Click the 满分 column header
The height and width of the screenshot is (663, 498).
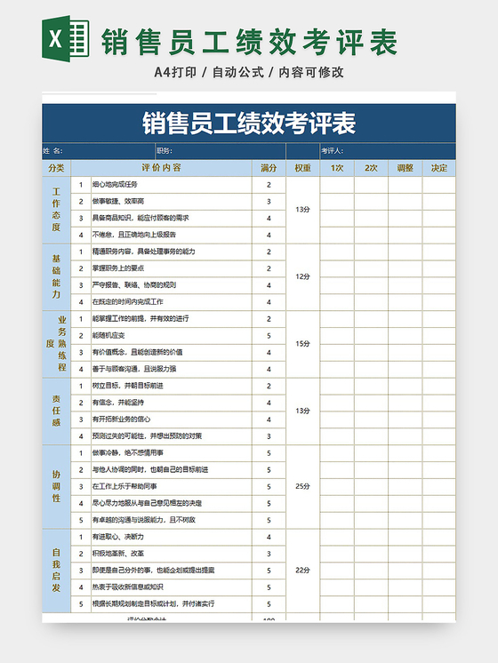point(268,168)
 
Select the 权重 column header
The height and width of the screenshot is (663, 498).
point(302,168)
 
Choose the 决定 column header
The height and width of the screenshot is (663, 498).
point(438,168)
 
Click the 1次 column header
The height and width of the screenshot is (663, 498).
point(337,168)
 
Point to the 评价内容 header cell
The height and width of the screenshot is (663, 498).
point(161,168)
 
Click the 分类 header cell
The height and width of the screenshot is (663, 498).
point(56,168)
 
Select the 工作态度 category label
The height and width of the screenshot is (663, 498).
point(56,209)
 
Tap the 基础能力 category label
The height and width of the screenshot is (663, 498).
point(56,276)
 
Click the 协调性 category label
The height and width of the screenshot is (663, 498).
point(56,486)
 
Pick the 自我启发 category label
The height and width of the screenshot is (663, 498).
point(56,570)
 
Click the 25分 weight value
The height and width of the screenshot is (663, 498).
point(302,486)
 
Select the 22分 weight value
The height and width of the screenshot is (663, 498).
point(302,570)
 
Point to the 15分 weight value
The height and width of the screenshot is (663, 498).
point(302,343)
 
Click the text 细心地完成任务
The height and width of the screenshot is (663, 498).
point(115,185)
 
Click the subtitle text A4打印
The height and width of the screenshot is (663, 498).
point(174,72)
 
